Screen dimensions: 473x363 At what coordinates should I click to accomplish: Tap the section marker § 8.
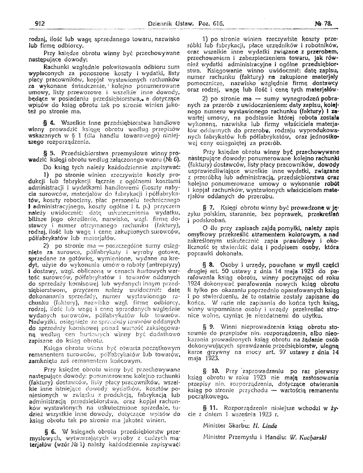208,262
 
